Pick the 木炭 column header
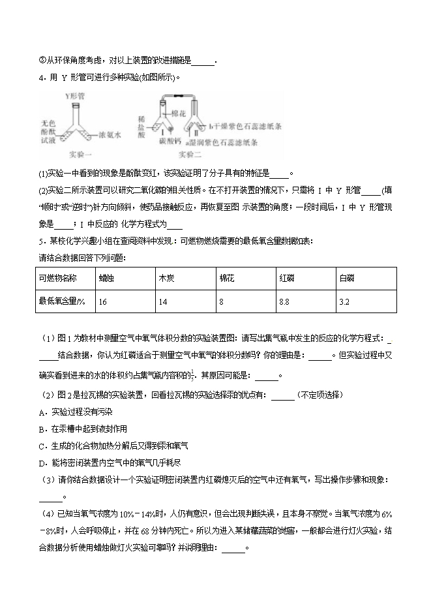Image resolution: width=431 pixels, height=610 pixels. point(166,278)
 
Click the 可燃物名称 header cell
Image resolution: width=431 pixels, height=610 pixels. point(58,278)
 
